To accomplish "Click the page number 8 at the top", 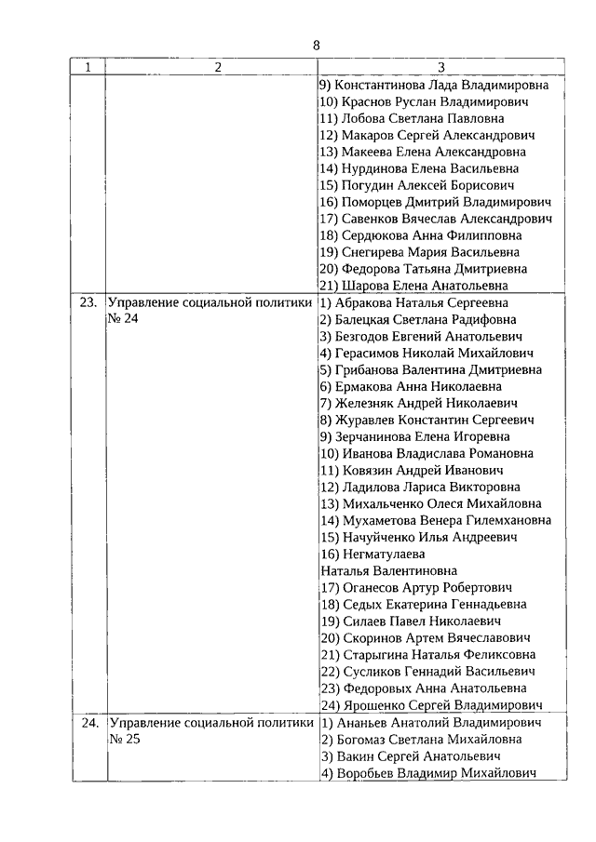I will click(316, 46).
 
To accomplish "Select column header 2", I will click(217, 67).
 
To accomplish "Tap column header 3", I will click(441, 67).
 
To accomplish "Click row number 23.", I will click(88, 302).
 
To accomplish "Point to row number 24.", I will click(88, 722).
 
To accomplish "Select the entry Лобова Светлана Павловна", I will click(412, 118).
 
